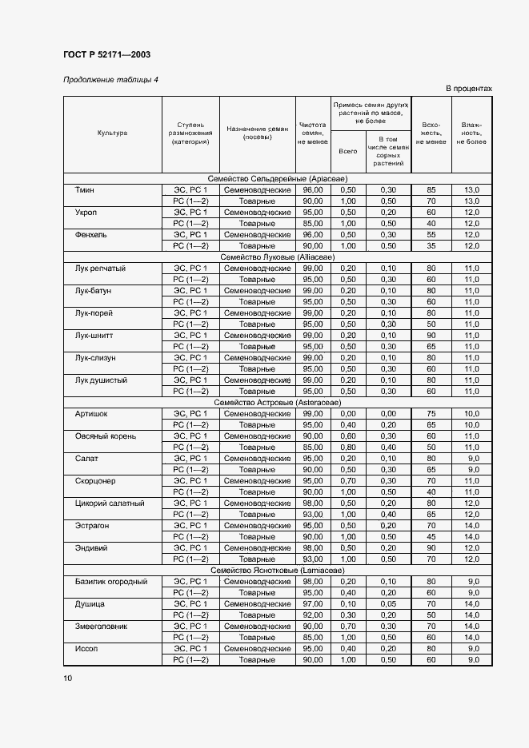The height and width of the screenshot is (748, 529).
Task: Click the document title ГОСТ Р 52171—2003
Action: pyautogui.click(x=106, y=55)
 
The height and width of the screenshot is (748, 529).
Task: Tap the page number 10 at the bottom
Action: pyautogui.click(x=67, y=678)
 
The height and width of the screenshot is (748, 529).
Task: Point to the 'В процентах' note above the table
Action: pyautogui.click(x=468, y=89)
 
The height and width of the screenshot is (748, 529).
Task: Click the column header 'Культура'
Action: pyautogui.click(x=113, y=133)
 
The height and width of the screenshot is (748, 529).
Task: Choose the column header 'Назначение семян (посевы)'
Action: pyautogui.click(x=257, y=133)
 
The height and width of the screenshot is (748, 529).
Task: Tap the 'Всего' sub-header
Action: pyautogui.click(x=348, y=150)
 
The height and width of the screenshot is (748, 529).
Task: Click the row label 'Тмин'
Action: pyautogui.click(x=85, y=189)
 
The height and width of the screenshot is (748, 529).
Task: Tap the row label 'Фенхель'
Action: pyautogui.click(x=90, y=235)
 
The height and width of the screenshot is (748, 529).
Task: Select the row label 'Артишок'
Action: pyautogui.click(x=90, y=414)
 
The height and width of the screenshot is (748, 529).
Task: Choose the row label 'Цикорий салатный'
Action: pyautogui.click(x=110, y=503)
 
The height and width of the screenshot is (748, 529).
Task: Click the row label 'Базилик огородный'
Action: pyautogui.click(x=111, y=582)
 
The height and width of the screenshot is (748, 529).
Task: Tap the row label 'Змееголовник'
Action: pyautogui.click(x=101, y=627)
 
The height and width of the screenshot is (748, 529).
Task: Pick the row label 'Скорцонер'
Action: pyautogui.click(x=95, y=481)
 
